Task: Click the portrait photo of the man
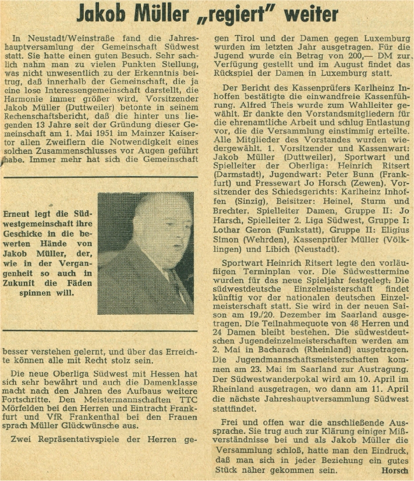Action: pyautogui.click(x=146, y=252)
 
